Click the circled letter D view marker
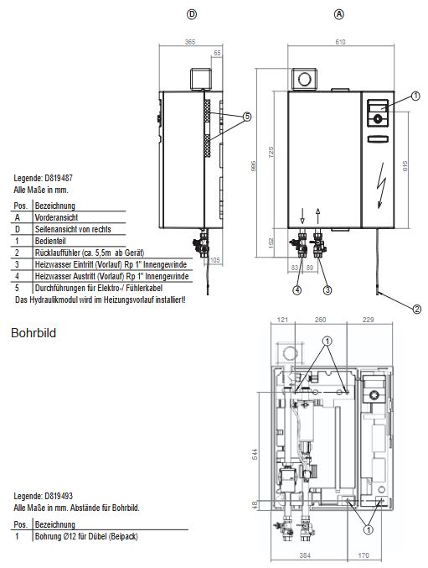(x=192, y=14)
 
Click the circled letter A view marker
(x=339, y=14)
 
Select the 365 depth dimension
(x=190, y=41)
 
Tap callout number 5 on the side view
(x=246, y=117)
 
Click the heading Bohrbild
(x=33, y=332)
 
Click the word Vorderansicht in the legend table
(x=57, y=216)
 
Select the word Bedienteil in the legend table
(x=52, y=241)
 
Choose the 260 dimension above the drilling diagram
(x=320, y=320)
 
